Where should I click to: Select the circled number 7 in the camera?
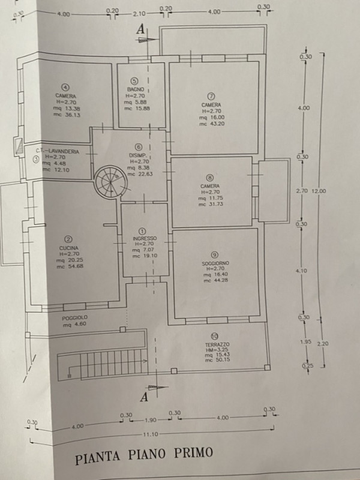211,96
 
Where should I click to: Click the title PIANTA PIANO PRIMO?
143,454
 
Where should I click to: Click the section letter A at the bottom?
143,396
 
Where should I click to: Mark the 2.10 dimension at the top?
139,13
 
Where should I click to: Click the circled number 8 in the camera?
209,178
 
